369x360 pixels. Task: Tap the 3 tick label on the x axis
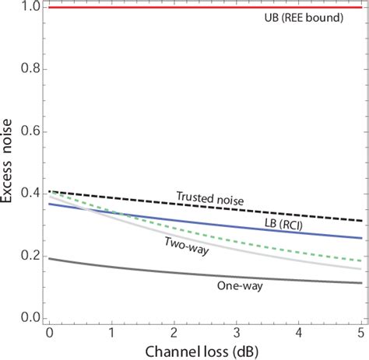[x=237, y=332]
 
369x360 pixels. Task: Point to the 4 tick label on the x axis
[x=300, y=332]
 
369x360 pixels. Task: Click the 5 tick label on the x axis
[x=360, y=332]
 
